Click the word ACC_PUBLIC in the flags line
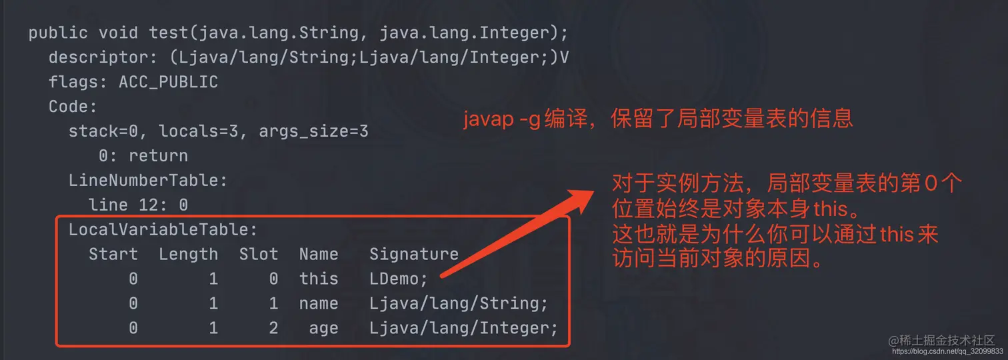pyautogui.click(x=168, y=82)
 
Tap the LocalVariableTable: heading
pyautogui.click(x=163, y=230)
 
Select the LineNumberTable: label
pyautogui.click(x=148, y=180)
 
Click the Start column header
pyautogui.click(x=113, y=254)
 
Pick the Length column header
pyautogui.click(x=188, y=254)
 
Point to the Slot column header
pyautogui.click(x=259, y=254)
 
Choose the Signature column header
pyautogui.click(x=414, y=254)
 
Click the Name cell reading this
pyautogui.click(x=319, y=279)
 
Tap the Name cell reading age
pyautogui.click(x=323, y=328)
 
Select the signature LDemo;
pyautogui.click(x=399, y=279)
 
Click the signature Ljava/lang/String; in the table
pyautogui.click(x=459, y=303)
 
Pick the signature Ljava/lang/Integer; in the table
pyautogui.click(x=463, y=328)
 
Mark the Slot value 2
pyautogui.click(x=273, y=328)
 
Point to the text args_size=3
pyautogui.click(x=313, y=131)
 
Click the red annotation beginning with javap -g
pyautogui.click(x=658, y=119)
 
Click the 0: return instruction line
pyautogui.click(x=143, y=156)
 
